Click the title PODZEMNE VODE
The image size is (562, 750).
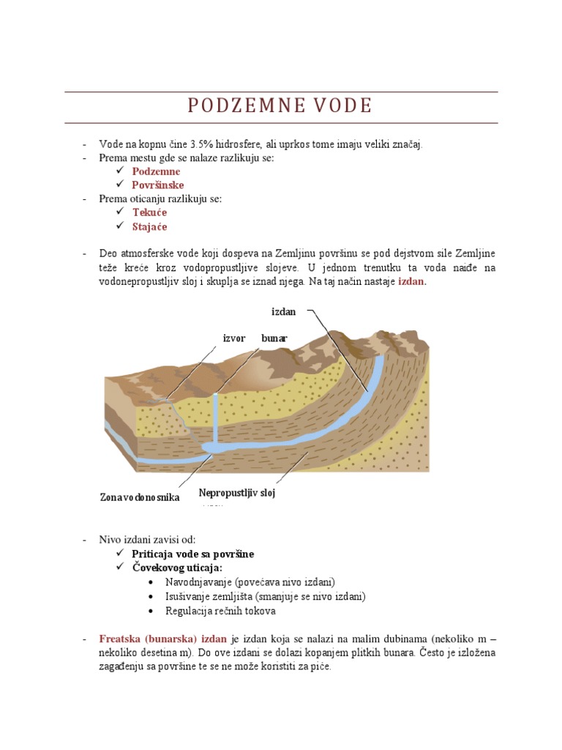coord(280,106)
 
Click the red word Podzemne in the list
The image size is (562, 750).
coord(156,171)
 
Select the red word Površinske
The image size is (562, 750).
coord(158,185)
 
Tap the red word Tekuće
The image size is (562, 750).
coord(150,212)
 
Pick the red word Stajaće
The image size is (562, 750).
coord(150,226)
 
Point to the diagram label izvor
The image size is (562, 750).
coord(234,338)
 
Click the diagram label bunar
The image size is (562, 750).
coord(274,338)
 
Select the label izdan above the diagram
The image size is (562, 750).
coord(284,313)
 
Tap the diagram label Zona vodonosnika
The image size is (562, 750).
coord(140,498)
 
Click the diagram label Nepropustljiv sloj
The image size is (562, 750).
coord(236,493)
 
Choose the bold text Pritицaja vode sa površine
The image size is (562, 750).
coord(193,554)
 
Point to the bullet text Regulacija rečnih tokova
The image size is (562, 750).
coord(221,610)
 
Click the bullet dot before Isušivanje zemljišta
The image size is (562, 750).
coord(150,596)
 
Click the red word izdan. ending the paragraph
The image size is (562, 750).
coord(412,281)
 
